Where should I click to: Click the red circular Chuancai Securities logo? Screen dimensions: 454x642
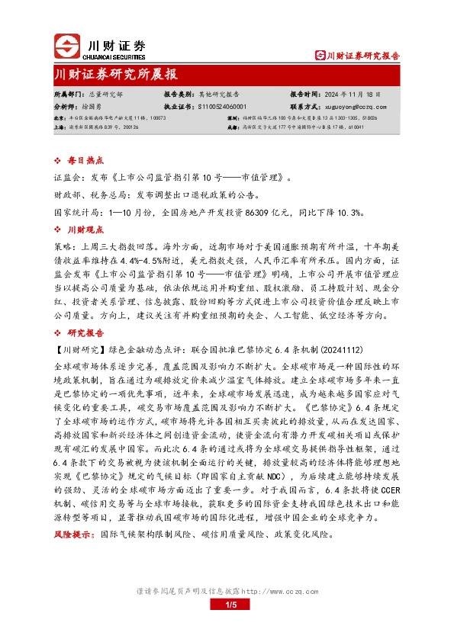pos(66,47)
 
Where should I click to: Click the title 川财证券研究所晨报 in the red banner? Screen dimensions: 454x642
pos(116,75)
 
